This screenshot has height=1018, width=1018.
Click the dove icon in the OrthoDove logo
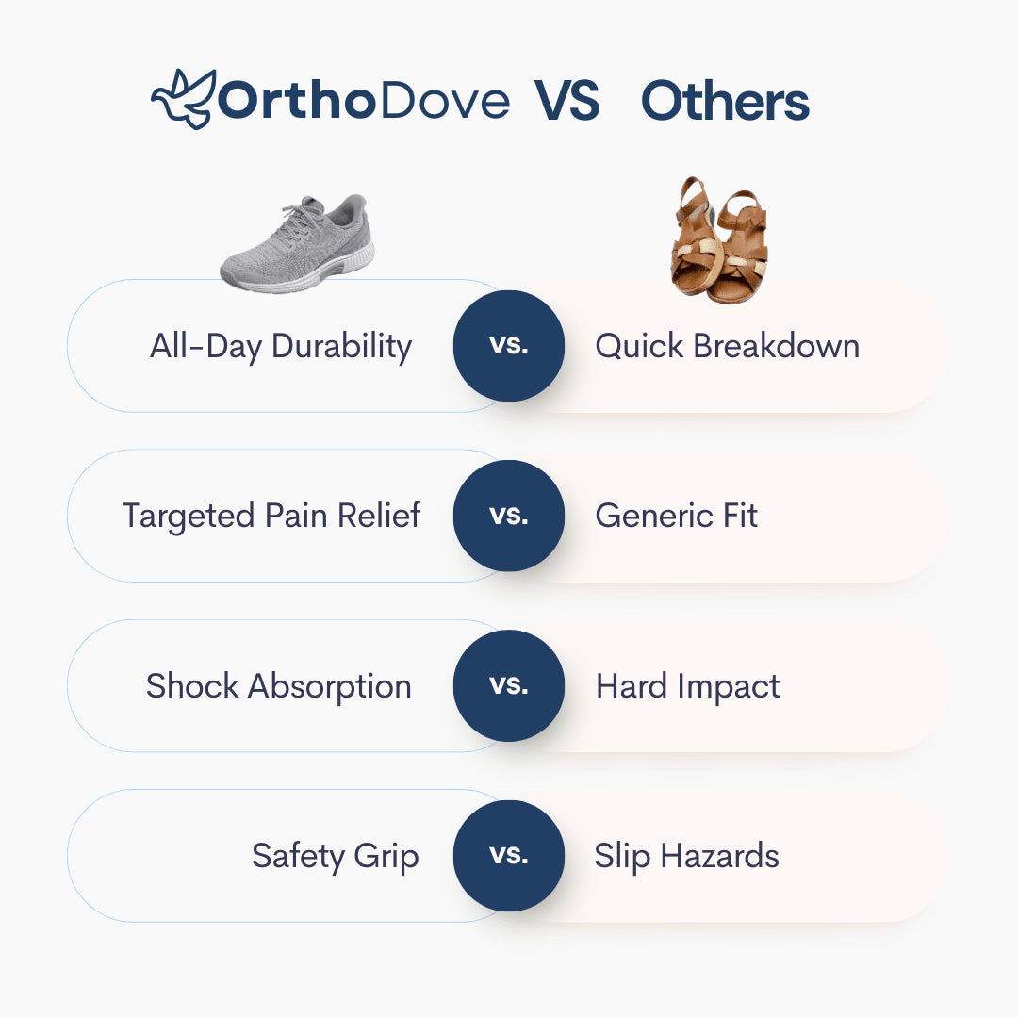pos(182,100)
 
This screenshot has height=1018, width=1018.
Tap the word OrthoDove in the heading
pos(364,102)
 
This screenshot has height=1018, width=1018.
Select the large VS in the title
pos(567,102)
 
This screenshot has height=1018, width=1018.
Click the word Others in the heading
pos(725,102)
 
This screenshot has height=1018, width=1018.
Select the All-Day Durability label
pos(281,346)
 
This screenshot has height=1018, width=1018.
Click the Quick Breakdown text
pos(727,346)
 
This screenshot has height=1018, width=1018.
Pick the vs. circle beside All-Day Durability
pos(509,346)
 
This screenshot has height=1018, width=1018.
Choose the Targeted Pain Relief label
pos(271,516)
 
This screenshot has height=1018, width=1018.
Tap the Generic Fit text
pos(676,516)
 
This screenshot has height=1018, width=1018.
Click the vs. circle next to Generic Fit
pos(509,516)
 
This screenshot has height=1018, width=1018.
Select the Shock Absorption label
pos(278,685)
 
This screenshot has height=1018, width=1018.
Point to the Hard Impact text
pos(687,685)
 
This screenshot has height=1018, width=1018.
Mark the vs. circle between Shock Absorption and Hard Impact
pos(509,685)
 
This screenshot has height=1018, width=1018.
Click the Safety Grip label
pos(335,856)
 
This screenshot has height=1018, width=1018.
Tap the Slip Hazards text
pos(686,856)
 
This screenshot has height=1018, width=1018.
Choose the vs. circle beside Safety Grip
pos(509,856)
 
